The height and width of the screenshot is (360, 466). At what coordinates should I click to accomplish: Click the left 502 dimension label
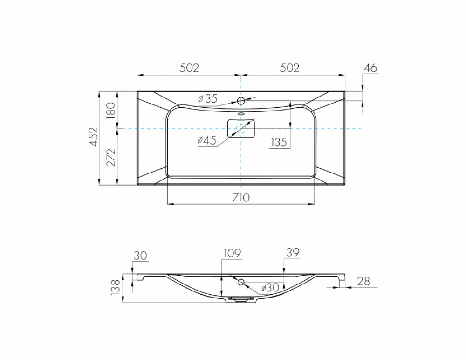click(x=189, y=68)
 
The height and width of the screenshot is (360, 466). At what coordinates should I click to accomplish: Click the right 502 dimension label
click(x=289, y=68)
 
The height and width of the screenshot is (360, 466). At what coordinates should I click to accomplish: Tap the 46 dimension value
click(x=370, y=68)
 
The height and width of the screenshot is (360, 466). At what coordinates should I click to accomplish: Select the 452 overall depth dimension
click(x=94, y=137)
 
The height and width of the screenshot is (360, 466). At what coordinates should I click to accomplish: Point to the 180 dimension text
click(x=110, y=111)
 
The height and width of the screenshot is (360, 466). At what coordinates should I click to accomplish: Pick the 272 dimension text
click(x=111, y=158)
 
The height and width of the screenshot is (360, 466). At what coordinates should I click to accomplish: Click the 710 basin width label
click(x=241, y=197)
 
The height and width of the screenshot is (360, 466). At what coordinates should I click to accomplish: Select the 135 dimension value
click(x=279, y=142)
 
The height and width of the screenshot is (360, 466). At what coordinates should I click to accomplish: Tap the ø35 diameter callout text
click(x=207, y=98)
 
